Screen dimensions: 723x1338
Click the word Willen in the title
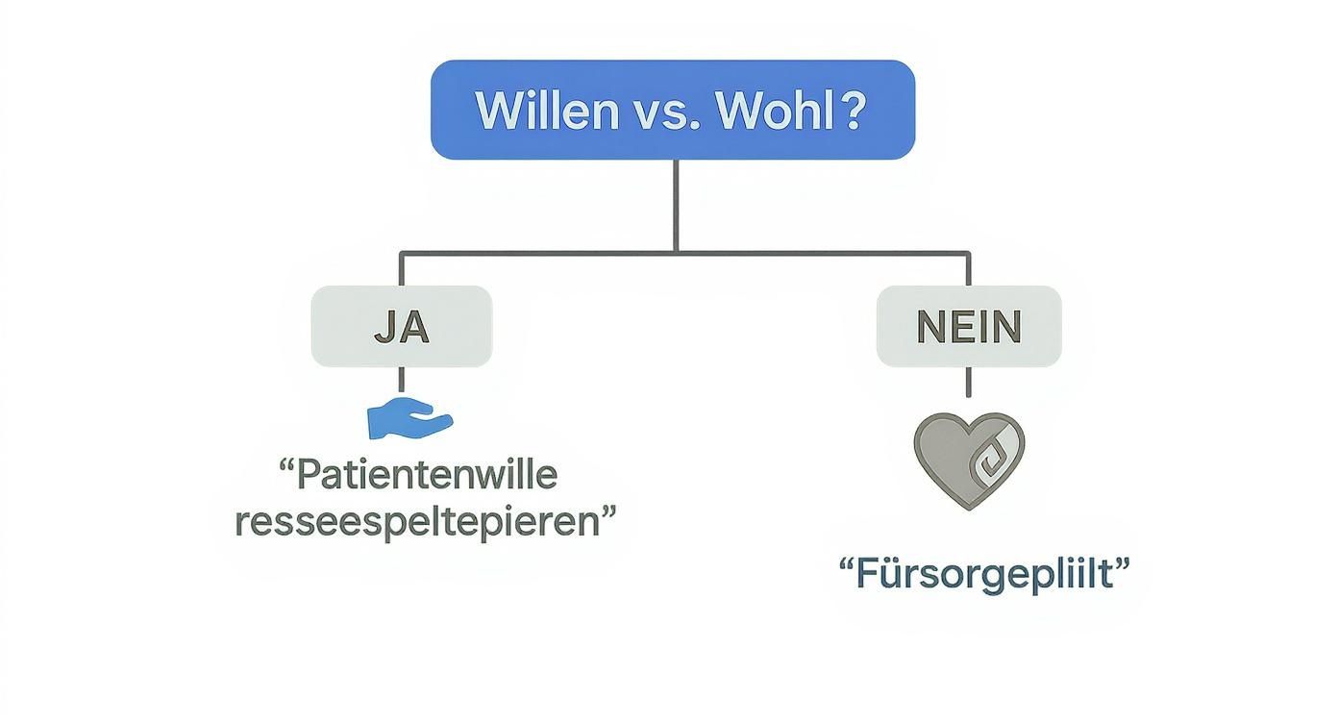[548, 112]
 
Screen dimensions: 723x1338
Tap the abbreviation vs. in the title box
[661, 112]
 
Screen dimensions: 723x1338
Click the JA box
[402, 327]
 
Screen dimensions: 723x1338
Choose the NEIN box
[968, 327]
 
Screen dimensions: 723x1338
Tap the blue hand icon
[409, 418]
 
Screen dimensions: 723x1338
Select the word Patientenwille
[426, 475]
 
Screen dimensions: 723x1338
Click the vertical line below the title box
[676, 205]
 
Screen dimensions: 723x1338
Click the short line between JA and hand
[402, 380]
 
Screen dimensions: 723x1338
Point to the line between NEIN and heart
[968, 382]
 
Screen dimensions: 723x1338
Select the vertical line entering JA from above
[402, 270]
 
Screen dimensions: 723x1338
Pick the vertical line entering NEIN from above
[968, 270]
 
